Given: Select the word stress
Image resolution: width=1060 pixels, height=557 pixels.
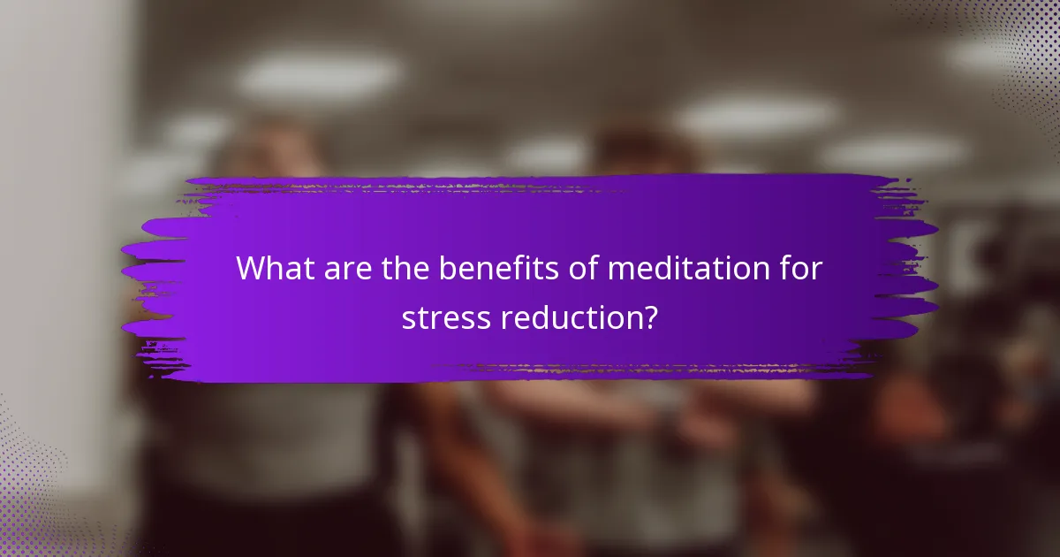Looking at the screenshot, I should coord(445,318).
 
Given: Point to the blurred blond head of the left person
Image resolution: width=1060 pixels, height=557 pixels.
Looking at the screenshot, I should coord(265,150).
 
